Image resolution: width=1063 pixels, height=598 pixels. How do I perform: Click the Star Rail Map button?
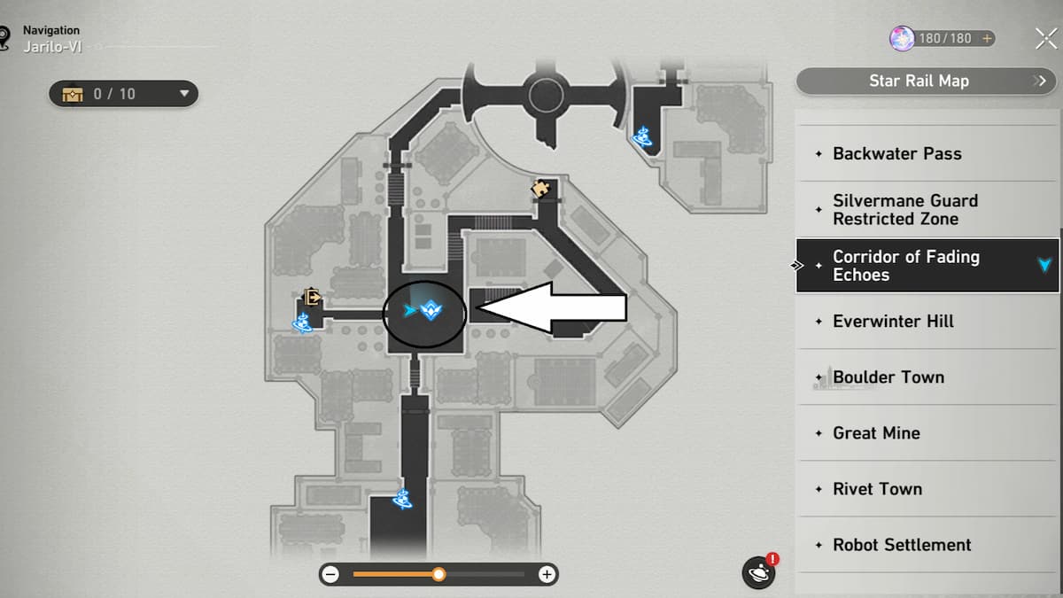click(927, 82)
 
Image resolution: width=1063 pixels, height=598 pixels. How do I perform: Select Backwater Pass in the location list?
click(896, 154)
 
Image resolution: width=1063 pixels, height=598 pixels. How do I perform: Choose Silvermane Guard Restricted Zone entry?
click(905, 210)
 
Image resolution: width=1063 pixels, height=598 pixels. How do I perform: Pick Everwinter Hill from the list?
click(893, 322)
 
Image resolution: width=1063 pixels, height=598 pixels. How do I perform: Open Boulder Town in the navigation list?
click(888, 377)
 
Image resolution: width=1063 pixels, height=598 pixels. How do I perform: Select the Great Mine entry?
click(876, 433)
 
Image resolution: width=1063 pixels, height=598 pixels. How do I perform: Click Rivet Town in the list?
click(878, 489)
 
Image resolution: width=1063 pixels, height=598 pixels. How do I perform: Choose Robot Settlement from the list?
click(902, 545)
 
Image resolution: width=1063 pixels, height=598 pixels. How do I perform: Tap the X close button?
click(1046, 38)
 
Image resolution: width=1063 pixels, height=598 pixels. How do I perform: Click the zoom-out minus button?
click(330, 575)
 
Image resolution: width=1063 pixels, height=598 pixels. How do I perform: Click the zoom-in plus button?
click(547, 575)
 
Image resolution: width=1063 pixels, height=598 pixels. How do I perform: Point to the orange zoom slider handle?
click(439, 575)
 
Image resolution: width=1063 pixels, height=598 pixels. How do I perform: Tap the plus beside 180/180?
click(987, 38)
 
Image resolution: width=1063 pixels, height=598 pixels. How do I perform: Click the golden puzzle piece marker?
click(540, 189)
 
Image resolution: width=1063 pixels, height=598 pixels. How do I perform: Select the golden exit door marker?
click(312, 297)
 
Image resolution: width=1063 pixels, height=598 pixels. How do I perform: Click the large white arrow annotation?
click(551, 307)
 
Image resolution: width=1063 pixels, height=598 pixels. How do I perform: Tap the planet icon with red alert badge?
click(759, 571)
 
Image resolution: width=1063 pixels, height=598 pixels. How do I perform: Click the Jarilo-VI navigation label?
click(52, 47)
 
